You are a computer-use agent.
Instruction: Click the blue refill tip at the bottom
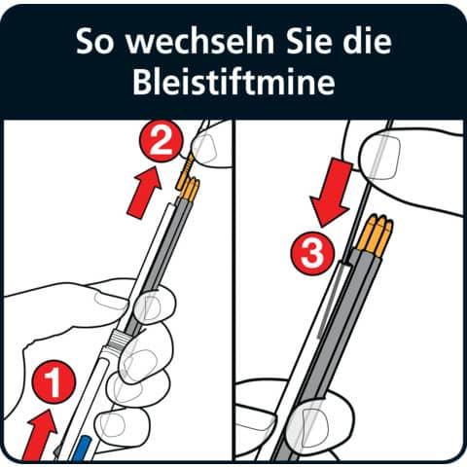(81, 447)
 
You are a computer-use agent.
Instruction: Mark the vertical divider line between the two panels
(233, 292)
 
